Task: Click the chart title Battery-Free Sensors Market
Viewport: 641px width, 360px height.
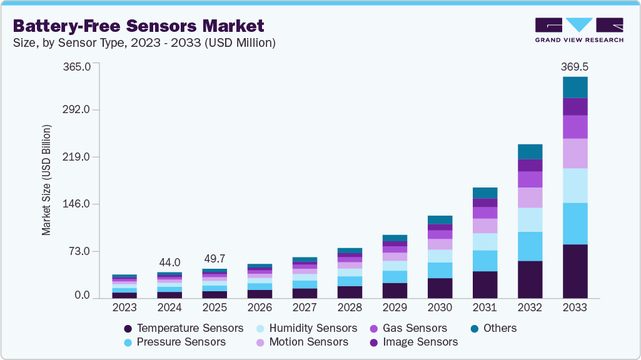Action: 138,26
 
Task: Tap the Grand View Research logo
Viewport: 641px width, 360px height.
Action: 579,29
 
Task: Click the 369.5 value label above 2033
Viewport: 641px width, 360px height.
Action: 575,66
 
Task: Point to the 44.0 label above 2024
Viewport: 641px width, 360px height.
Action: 169,262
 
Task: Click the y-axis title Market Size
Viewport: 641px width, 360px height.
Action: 47,181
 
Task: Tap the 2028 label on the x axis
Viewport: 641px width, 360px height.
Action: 349,307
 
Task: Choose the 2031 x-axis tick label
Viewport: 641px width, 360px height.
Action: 485,307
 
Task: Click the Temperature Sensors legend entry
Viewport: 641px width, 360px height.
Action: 184,328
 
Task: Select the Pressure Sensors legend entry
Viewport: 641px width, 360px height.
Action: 175,342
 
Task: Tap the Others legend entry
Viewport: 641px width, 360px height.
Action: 493,328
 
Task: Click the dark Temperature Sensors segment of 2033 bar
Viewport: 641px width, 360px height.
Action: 575,271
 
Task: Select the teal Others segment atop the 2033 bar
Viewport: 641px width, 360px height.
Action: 575,87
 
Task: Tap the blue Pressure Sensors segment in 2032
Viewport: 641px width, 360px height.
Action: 530,246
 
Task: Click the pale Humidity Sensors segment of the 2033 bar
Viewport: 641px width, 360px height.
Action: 575,185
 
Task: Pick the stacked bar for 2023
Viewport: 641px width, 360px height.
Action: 124,286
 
